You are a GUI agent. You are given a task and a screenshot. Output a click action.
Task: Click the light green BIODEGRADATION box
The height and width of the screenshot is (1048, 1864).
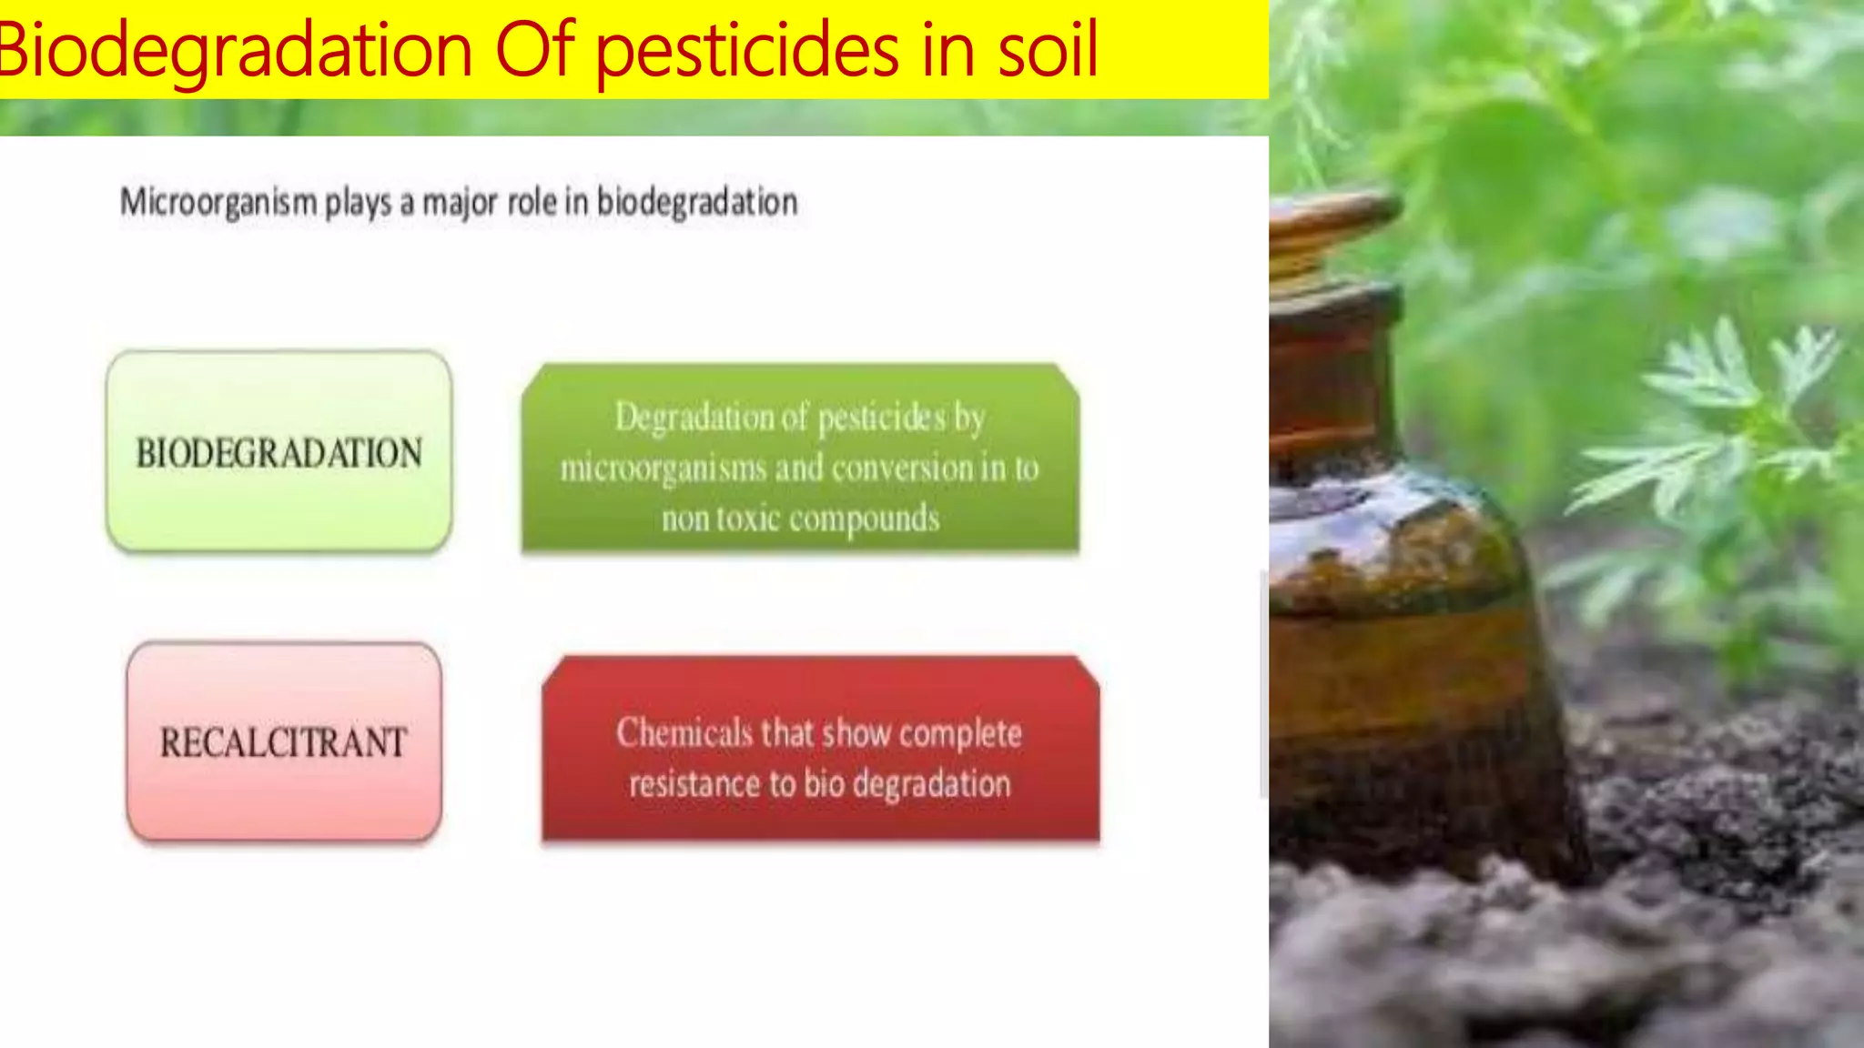click(279, 452)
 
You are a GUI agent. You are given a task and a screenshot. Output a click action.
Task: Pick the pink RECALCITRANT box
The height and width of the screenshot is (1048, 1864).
click(284, 741)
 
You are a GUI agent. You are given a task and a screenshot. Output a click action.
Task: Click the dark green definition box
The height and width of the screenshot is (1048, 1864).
click(800, 458)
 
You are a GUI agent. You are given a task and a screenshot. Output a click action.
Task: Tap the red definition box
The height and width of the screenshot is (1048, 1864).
click(820, 751)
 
